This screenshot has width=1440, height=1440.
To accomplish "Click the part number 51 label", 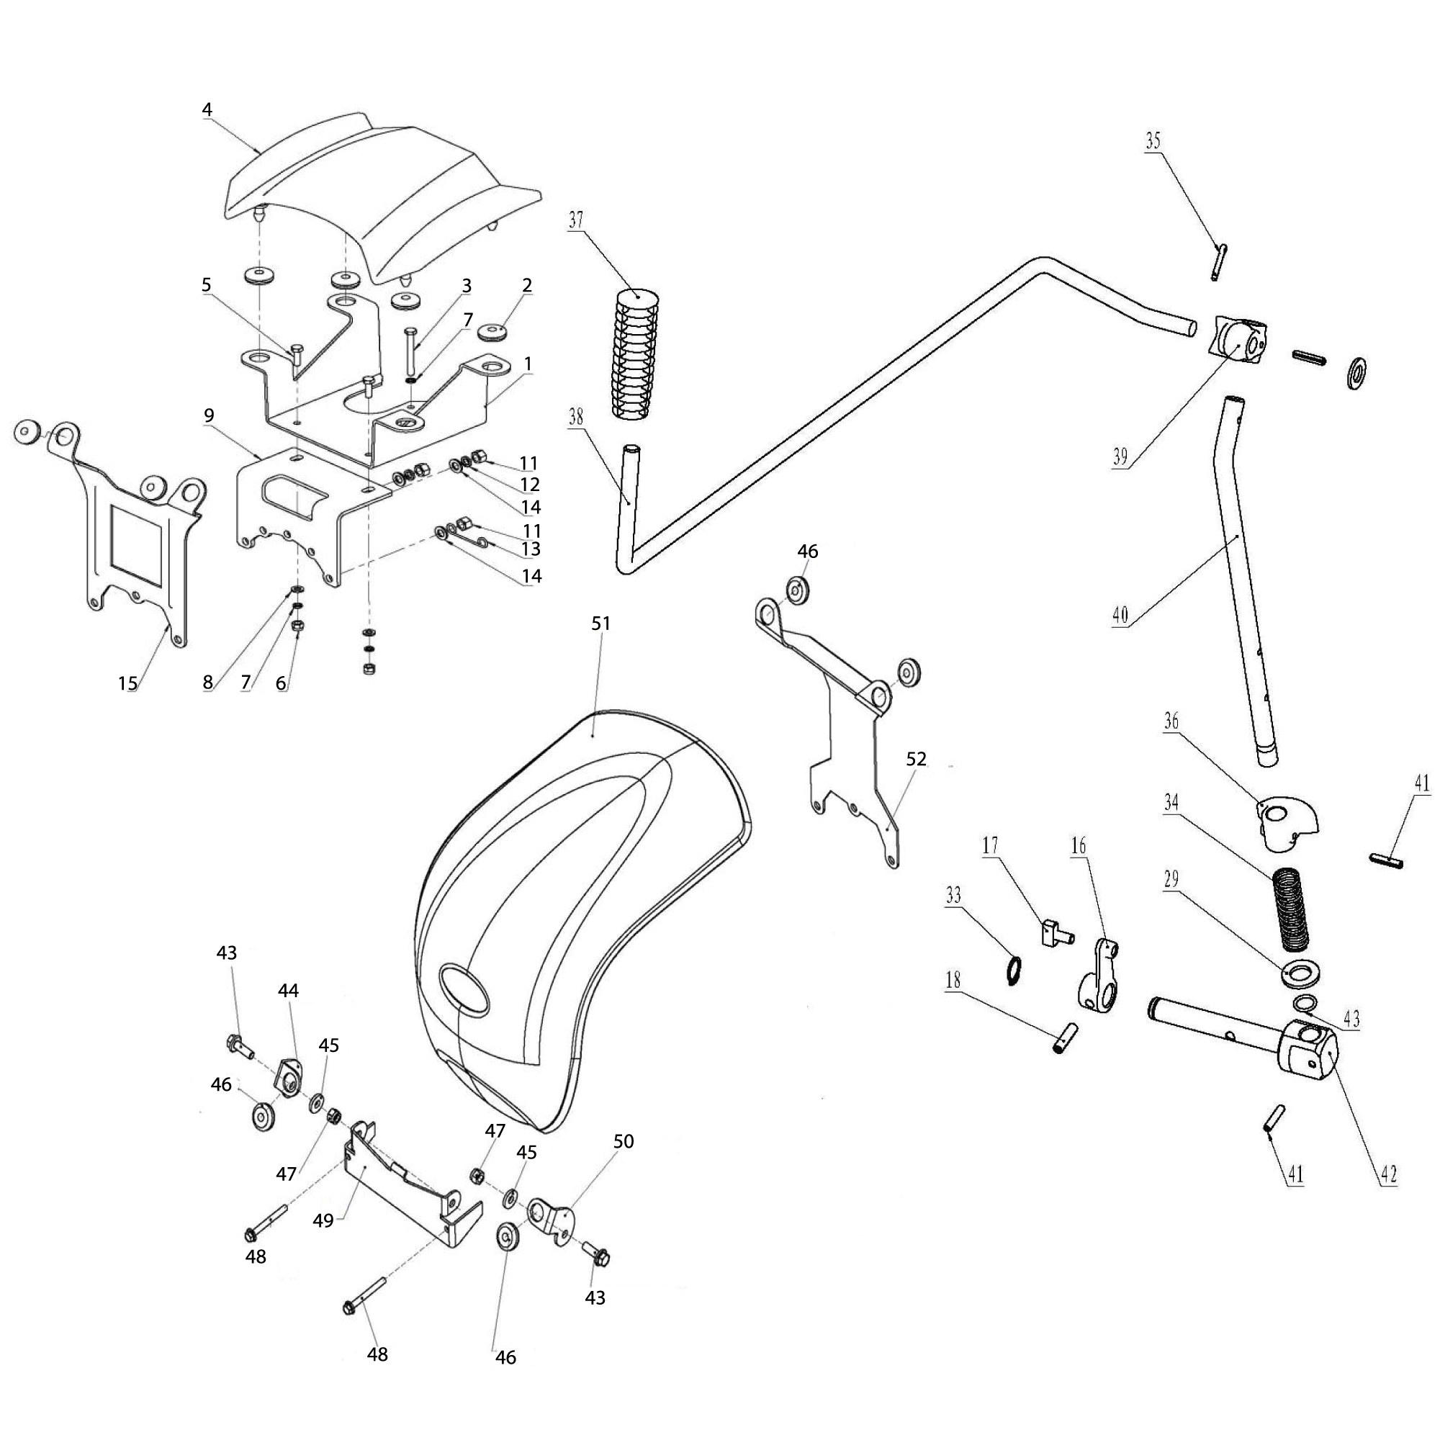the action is (x=600, y=623).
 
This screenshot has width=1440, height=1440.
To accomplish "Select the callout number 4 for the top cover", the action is (x=207, y=109).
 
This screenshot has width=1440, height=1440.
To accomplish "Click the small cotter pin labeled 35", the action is (x=1220, y=263).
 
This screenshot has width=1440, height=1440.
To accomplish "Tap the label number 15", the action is (x=128, y=683).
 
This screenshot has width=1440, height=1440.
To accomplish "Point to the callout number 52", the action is (x=916, y=759).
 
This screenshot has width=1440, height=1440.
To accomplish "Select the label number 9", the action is (x=209, y=414).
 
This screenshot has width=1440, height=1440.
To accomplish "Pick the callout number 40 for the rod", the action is (x=1120, y=616).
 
